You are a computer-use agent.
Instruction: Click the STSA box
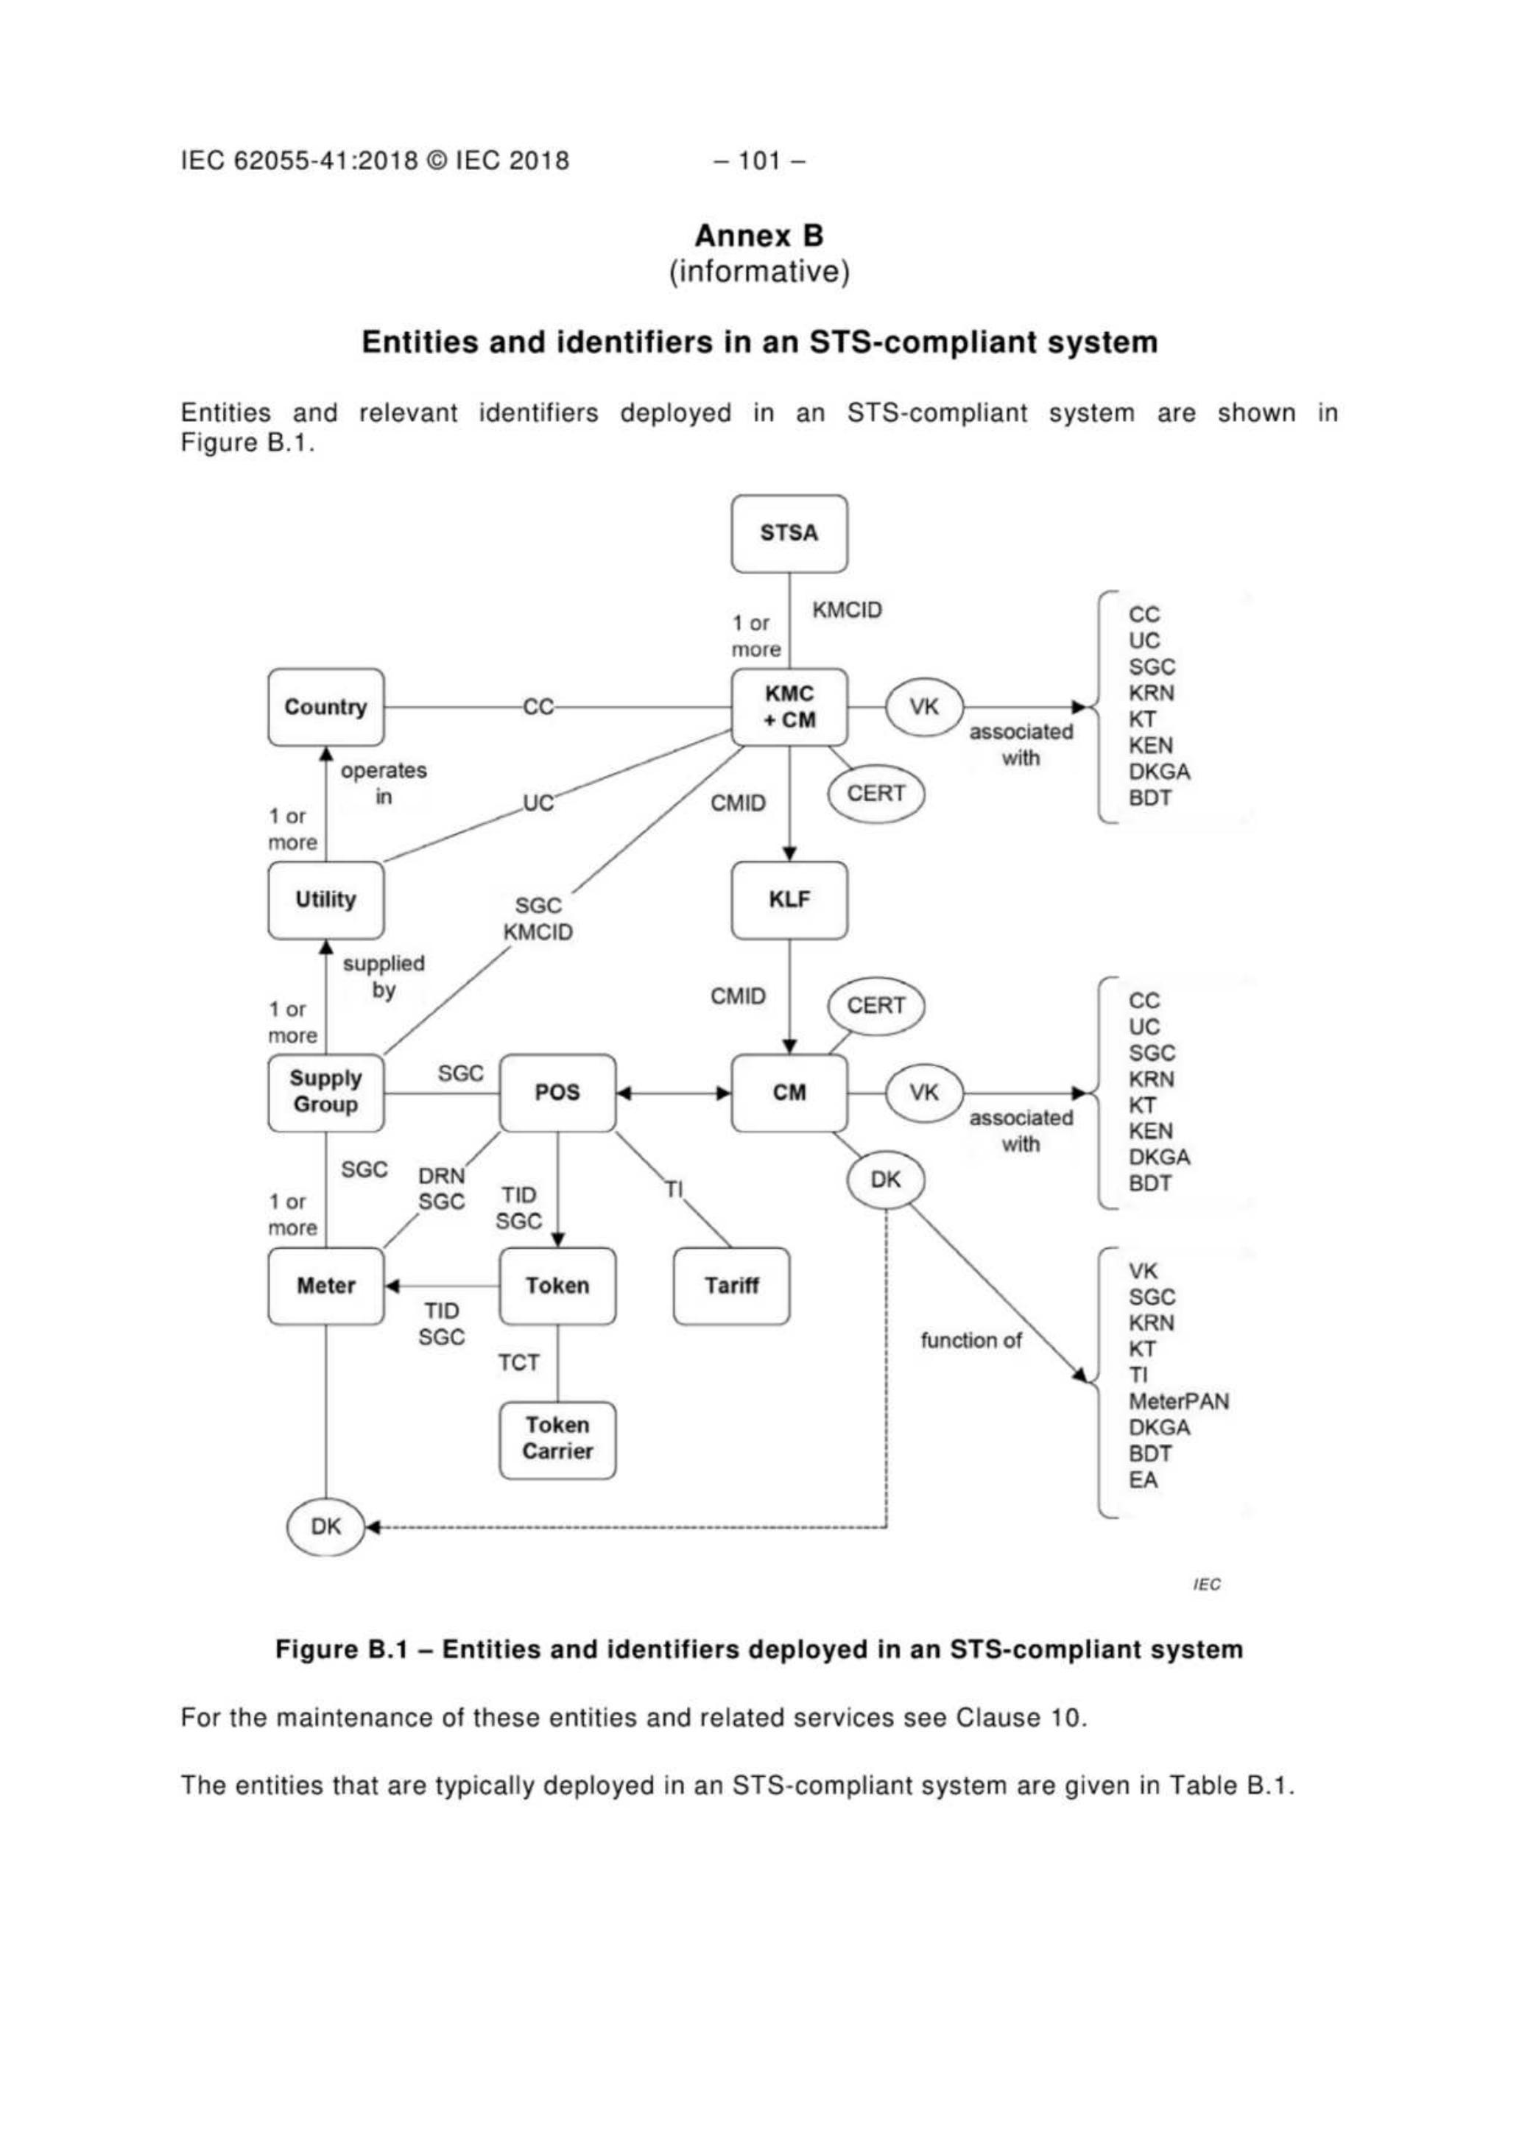click(789, 534)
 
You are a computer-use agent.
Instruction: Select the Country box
click(325, 707)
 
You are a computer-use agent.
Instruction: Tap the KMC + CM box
click(789, 707)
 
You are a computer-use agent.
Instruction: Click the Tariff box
click(731, 1286)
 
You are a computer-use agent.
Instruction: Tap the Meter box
click(325, 1286)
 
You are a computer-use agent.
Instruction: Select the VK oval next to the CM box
click(923, 1093)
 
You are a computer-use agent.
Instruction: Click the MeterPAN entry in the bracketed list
click(1178, 1402)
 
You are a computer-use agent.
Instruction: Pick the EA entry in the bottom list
click(1143, 1481)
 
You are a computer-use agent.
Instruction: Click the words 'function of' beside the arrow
click(970, 1341)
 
